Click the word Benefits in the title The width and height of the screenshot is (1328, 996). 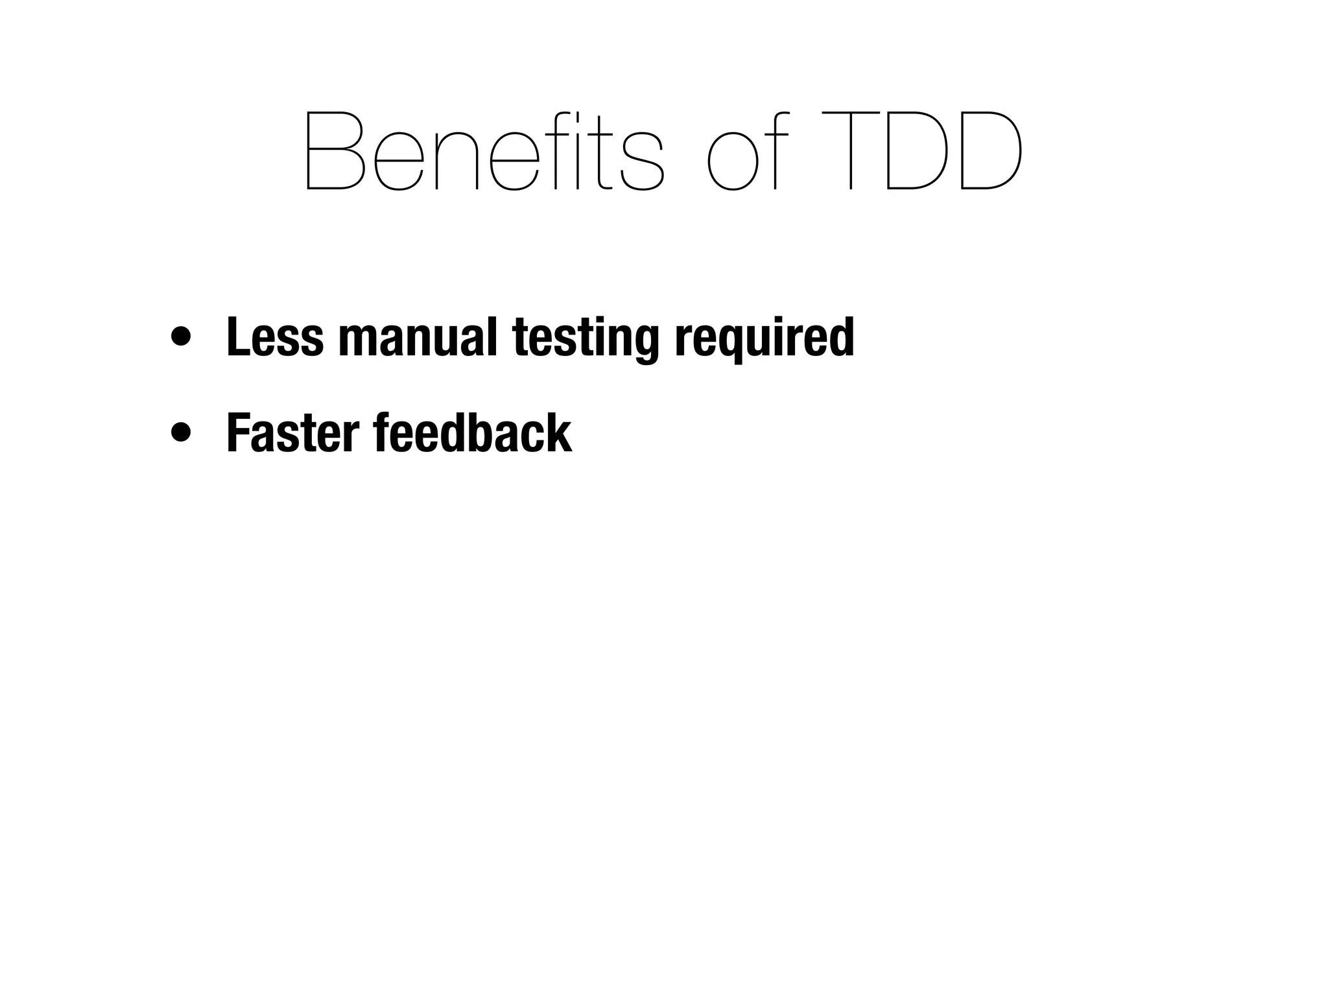pyautogui.click(x=483, y=150)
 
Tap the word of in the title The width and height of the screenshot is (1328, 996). pyautogui.click(x=747, y=150)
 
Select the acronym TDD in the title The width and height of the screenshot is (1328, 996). pyautogui.click(x=921, y=150)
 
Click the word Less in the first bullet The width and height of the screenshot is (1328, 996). pyautogui.click(x=274, y=337)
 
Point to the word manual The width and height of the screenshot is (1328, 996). pyautogui.click(x=418, y=337)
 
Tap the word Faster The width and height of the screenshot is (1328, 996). pyautogui.click(x=292, y=433)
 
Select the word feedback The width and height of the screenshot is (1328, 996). pyautogui.click(x=473, y=433)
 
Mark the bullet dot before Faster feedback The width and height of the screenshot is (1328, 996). pyautogui.click(x=181, y=433)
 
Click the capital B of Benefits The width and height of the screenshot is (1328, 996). pyautogui.click(x=335, y=150)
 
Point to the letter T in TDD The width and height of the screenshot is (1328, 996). pyautogui.click(x=850, y=150)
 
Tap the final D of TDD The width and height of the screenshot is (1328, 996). pyautogui.click(x=989, y=150)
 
